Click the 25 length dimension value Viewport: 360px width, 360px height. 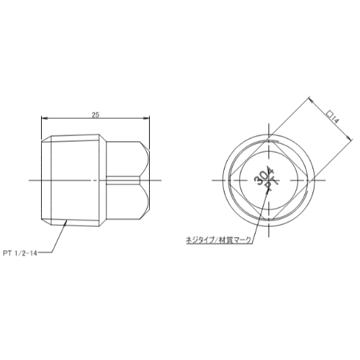point(95,115)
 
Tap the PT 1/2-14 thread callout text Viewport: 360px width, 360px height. point(20,253)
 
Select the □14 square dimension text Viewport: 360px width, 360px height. point(333,117)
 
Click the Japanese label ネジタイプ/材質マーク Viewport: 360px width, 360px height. point(219,240)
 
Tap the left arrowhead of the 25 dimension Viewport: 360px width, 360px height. point(45,118)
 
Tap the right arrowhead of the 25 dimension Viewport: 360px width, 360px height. point(146,118)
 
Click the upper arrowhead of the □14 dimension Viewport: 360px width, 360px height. point(311,99)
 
